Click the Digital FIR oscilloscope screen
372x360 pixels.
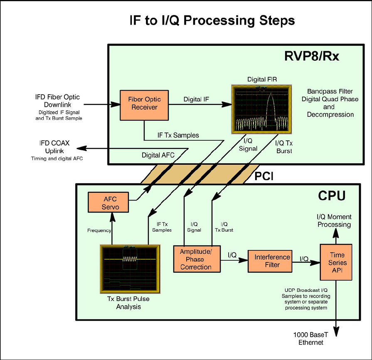point(259,109)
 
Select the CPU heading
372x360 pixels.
point(332,196)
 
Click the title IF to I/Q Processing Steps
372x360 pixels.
point(212,21)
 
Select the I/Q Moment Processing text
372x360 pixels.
point(334,220)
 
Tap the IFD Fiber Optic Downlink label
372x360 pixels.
point(57,101)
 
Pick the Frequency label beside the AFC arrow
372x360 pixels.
point(99,230)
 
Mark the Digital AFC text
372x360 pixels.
point(158,155)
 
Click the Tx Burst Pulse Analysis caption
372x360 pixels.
point(128,303)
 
